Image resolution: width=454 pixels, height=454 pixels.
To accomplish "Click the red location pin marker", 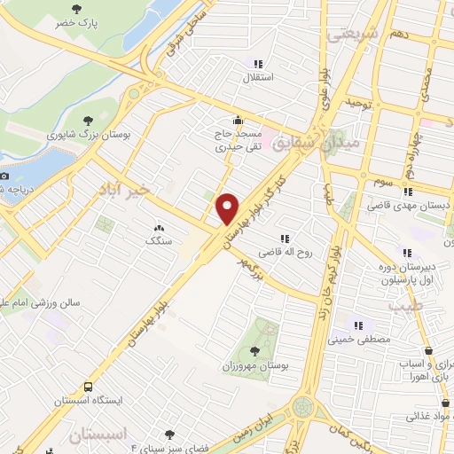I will (x=228, y=208).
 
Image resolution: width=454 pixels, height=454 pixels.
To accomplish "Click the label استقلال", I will (x=261, y=78).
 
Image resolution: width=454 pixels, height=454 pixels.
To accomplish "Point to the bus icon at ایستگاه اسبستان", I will (x=87, y=387).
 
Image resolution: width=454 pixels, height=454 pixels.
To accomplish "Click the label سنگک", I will (x=159, y=240).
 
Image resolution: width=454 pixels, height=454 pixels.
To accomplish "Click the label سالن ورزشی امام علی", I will (x=43, y=303).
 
